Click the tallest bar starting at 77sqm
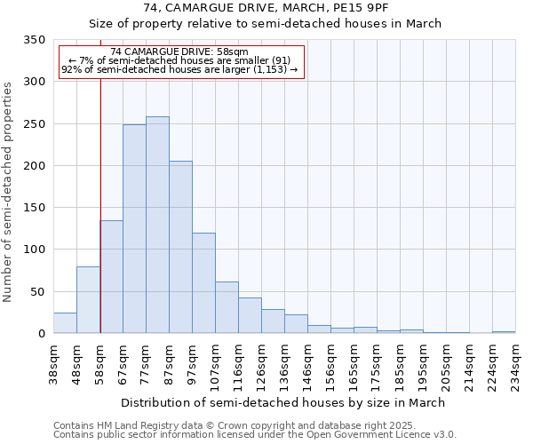[157, 226]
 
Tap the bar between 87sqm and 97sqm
[180, 248]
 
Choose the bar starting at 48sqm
[88, 300]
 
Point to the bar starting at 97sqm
[203, 283]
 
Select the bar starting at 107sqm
[227, 307]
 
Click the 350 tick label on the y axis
[34, 40]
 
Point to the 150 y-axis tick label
[34, 208]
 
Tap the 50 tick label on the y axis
[37, 291]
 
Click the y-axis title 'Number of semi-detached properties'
[9, 192]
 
